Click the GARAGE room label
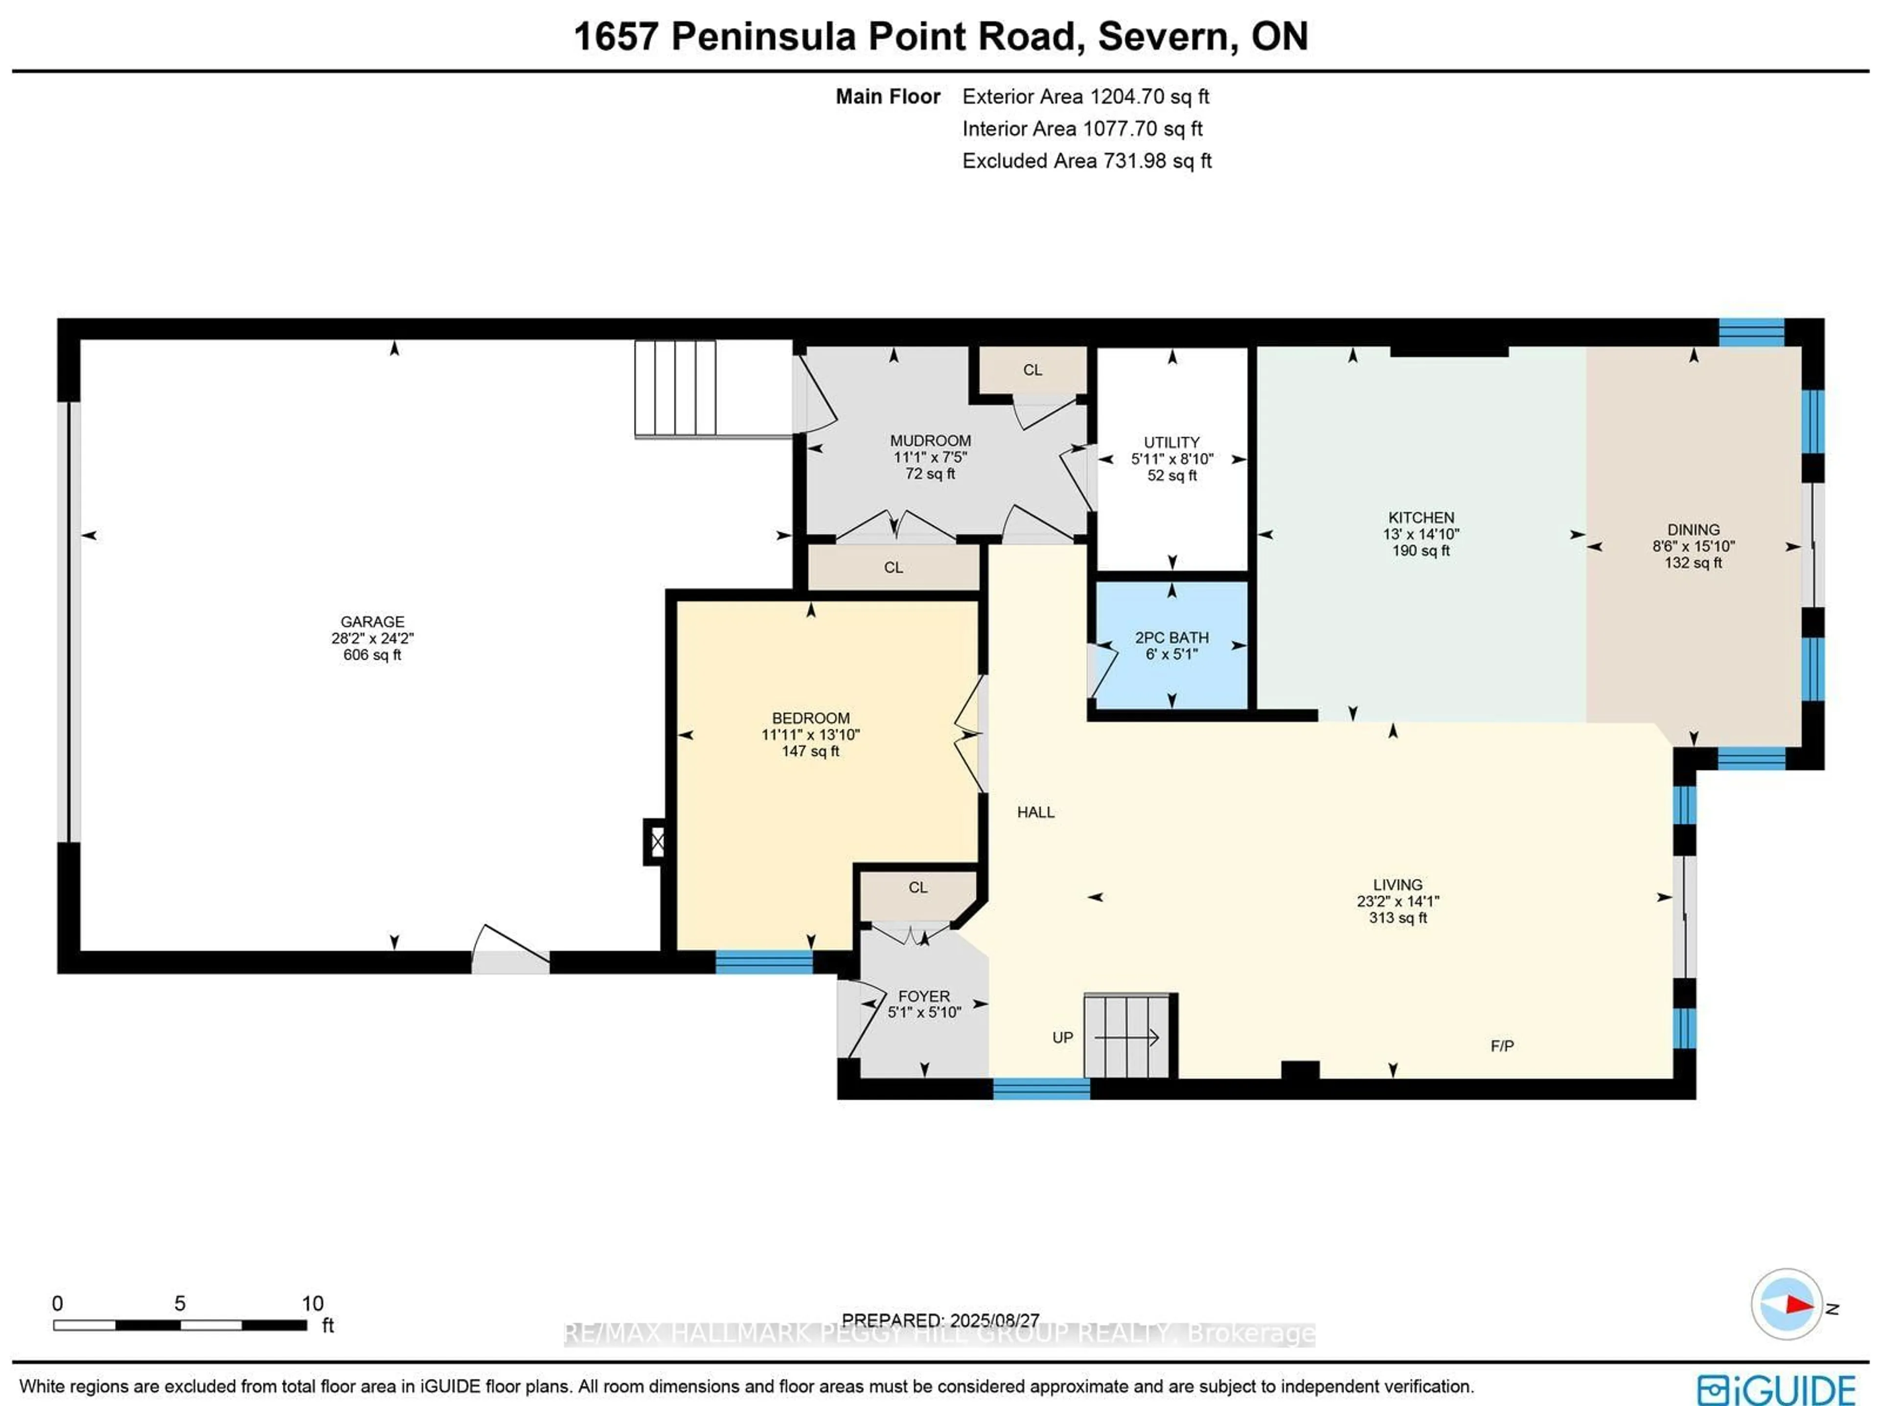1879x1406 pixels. click(x=372, y=622)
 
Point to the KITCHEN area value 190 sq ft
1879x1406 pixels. click(x=1421, y=550)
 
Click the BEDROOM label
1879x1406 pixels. click(x=810, y=717)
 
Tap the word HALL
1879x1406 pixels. click(x=1035, y=812)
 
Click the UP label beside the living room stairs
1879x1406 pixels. click(x=1063, y=1037)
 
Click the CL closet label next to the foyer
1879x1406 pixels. click(x=917, y=887)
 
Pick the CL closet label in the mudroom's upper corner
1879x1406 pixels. click(x=1032, y=369)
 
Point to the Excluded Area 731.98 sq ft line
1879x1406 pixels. click(x=1086, y=160)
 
